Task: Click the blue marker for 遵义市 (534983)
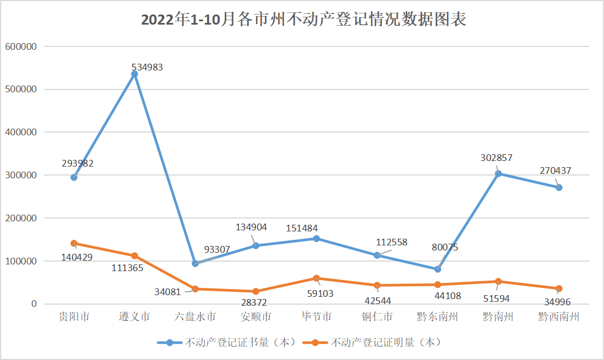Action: (x=134, y=74)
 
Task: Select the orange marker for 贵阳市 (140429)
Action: (x=74, y=243)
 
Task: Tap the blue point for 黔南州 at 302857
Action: (x=498, y=173)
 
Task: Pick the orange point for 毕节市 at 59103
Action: (x=316, y=278)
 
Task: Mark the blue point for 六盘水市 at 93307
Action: (x=195, y=263)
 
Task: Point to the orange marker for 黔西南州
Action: (x=558, y=288)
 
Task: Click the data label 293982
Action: (x=77, y=163)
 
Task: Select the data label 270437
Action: (x=555, y=170)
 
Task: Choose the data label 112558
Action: (x=391, y=242)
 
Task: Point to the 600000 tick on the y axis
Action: (x=21, y=46)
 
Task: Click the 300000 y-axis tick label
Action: (x=21, y=175)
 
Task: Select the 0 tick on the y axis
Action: (x=34, y=304)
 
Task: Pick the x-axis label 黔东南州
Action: (x=437, y=317)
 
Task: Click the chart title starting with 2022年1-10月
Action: (x=303, y=20)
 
